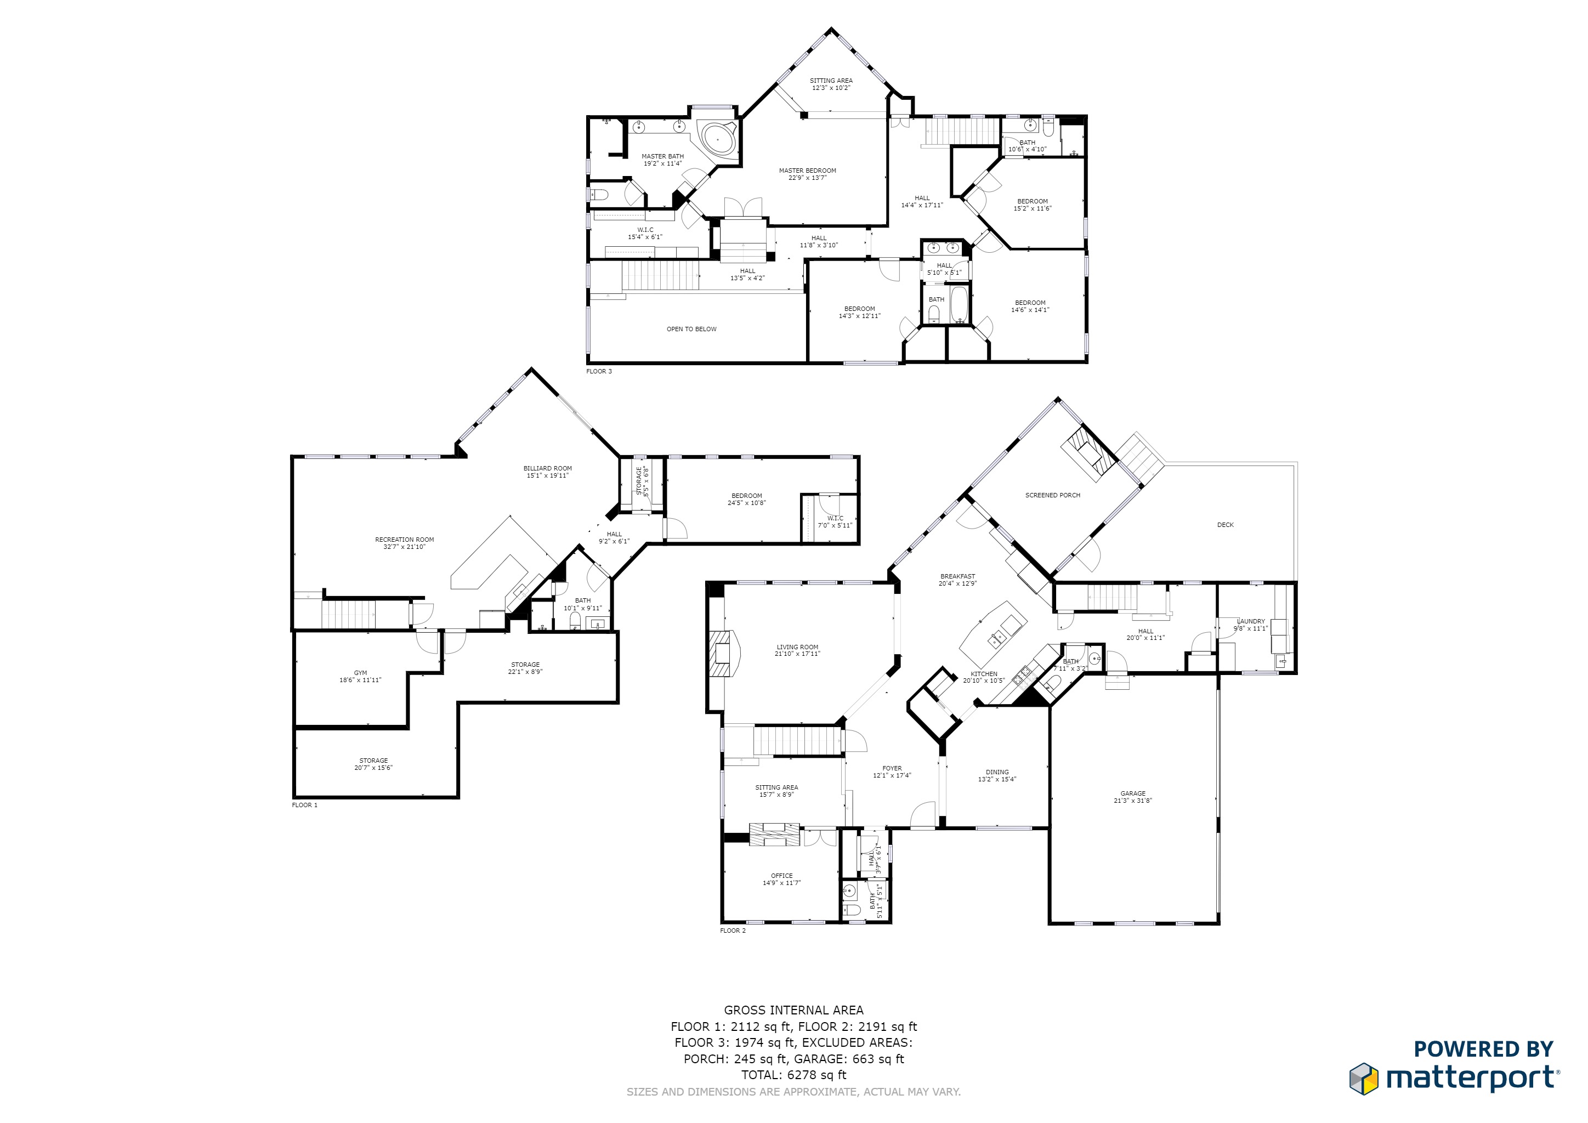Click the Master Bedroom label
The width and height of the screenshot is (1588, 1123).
click(807, 171)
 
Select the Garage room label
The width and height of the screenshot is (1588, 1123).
click(1133, 793)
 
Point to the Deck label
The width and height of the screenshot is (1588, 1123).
click(1225, 525)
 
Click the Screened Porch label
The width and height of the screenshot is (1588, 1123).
click(1052, 495)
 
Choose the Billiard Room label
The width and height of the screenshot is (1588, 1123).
click(547, 469)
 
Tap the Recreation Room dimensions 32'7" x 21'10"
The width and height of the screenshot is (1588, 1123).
click(404, 547)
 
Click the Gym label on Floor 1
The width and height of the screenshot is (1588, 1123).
click(360, 673)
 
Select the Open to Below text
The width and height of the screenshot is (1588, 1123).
click(691, 329)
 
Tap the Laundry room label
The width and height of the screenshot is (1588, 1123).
click(1251, 621)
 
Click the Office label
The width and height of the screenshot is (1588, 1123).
click(781, 876)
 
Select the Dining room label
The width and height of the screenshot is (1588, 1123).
click(997, 772)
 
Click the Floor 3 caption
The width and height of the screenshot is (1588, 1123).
click(599, 371)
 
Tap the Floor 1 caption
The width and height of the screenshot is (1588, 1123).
click(304, 805)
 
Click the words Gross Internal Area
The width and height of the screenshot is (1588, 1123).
click(793, 1010)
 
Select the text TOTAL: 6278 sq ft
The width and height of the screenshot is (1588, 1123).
click(793, 1075)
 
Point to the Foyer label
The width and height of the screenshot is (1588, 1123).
click(892, 768)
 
